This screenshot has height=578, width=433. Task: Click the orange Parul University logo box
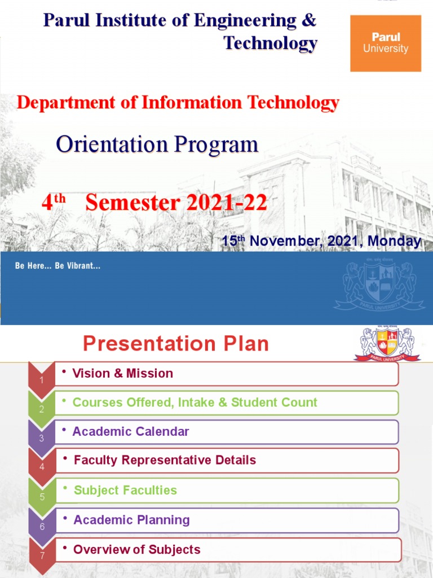(386, 43)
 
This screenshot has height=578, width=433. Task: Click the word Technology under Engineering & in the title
(270, 43)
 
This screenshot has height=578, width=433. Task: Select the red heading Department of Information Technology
(178, 103)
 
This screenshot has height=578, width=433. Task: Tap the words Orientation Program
(157, 144)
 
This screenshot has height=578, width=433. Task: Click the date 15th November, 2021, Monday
(321, 241)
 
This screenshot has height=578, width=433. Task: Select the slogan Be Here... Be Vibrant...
(58, 265)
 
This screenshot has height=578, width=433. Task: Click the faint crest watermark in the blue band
(379, 286)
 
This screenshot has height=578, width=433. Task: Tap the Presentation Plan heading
(176, 344)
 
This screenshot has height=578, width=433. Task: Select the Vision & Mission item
(122, 373)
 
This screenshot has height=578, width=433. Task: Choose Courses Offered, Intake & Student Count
(195, 402)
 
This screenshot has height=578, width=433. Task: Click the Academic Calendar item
(130, 432)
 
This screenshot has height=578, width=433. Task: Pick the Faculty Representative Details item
(165, 460)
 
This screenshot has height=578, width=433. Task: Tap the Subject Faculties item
(125, 490)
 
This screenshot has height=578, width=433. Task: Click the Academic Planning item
(131, 520)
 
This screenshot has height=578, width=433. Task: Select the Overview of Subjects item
(136, 549)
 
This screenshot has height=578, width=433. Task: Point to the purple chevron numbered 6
(41, 524)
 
